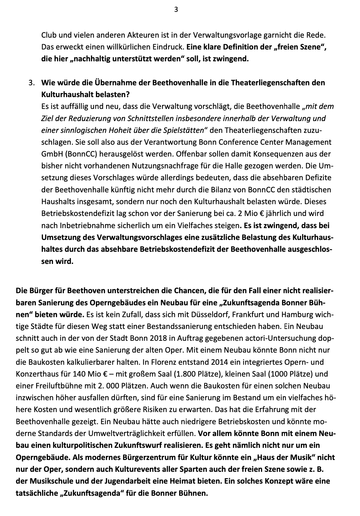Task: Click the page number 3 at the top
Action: point(176,10)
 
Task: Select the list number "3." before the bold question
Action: point(32,83)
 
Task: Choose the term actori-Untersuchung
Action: point(275,338)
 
